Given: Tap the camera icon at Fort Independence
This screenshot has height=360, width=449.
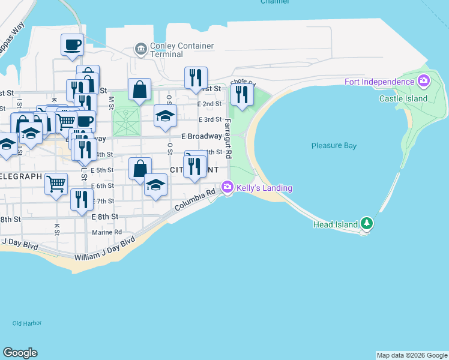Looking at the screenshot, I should click(x=424, y=80).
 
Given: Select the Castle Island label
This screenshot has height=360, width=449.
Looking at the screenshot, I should click(x=403, y=98).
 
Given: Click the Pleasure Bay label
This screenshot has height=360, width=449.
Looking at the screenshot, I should click(x=334, y=146).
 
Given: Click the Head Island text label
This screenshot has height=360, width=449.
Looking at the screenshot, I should click(x=336, y=225).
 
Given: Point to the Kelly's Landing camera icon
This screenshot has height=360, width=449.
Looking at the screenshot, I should click(x=228, y=187).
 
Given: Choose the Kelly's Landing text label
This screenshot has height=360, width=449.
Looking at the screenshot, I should click(x=264, y=188).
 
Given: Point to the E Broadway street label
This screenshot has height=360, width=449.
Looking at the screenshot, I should click(x=201, y=136).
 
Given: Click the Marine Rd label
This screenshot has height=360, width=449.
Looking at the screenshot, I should click(x=106, y=232).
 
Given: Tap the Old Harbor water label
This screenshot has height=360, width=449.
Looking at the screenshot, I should click(x=27, y=323).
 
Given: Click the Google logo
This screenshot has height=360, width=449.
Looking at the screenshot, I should click(x=20, y=353).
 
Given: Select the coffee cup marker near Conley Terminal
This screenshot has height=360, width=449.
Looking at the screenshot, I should click(x=73, y=45).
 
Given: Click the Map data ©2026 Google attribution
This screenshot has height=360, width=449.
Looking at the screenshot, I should click(x=412, y=355).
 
